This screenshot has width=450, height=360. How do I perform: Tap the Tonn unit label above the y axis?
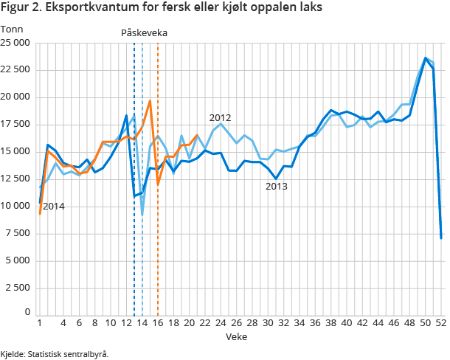click(12, 30)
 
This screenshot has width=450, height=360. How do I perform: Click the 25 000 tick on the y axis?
click(15, 43)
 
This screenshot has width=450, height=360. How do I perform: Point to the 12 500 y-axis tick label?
click(15, 179)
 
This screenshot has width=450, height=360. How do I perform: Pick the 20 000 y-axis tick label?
click(15, 97)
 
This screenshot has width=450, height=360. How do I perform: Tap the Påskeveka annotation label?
click(144, 33)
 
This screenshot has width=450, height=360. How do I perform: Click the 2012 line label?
click(220, 117)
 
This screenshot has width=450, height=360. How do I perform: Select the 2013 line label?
click(276, 187)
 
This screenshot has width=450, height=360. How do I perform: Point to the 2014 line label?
click(53, 207)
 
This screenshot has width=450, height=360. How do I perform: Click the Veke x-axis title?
click(237, 336)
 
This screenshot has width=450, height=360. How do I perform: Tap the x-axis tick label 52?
click(440, 323)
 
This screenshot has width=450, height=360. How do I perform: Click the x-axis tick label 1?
click(39, 323)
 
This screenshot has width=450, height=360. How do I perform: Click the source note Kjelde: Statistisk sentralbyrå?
click(55, 354)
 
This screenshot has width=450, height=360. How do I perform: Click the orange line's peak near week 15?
click(150, 101)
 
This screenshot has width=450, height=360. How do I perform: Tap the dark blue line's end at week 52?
click(440, 238)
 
